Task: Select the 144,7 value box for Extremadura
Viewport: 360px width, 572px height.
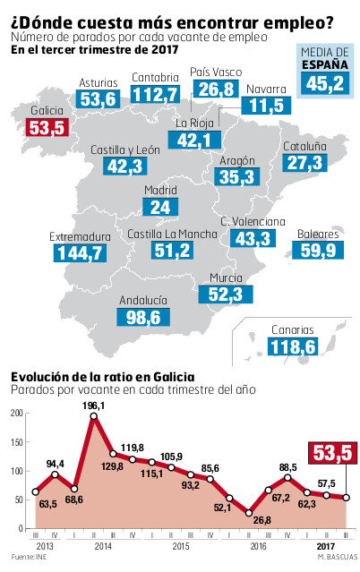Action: tap(79, 253)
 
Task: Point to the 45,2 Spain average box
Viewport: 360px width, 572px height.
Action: tap(324, 83)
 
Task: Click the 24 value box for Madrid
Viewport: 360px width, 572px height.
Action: tap(160, 207)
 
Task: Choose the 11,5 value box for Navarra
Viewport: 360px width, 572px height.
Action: tap(266, 107)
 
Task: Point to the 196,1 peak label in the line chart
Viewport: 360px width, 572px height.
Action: tap(94, 406)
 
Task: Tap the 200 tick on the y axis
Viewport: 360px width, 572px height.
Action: tap(16, 414)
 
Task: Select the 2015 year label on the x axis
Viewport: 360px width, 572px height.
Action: tap(180, 544)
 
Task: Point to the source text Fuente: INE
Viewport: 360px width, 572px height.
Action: tap(25, 558)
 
